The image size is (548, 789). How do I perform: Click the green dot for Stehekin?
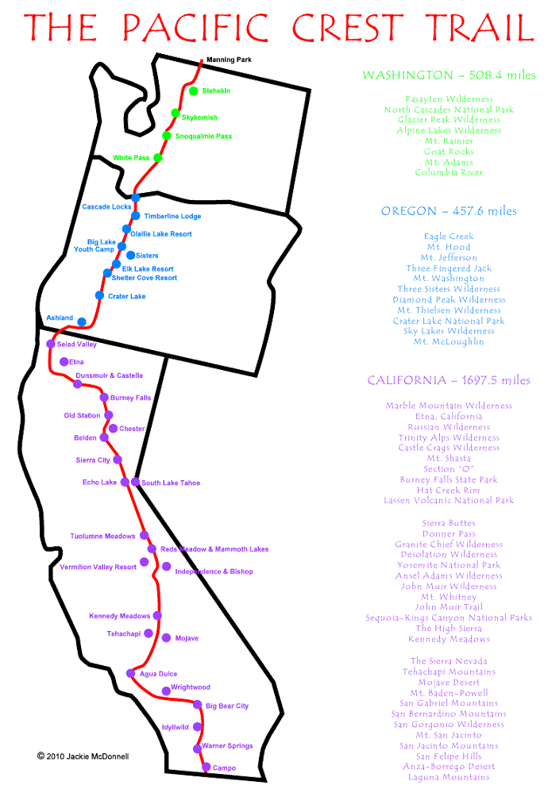(193, 90)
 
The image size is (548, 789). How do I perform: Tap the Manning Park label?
(228, 60)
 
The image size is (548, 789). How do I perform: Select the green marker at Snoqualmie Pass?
(167, 136)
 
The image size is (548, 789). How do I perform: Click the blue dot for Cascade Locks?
(136, 198)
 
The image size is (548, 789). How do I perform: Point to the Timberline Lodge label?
(172, 216)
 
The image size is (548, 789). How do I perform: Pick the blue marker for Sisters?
(130, 256)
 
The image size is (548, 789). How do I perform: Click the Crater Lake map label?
(127, 296)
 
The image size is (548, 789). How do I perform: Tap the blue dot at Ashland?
(82, 321)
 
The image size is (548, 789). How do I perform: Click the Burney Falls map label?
(131, 398)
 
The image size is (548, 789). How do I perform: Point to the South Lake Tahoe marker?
(136, 482)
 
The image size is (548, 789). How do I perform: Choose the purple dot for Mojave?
(166, 637)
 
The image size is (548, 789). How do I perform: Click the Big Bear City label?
(227, 706)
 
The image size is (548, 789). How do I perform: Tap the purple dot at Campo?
(206, 767)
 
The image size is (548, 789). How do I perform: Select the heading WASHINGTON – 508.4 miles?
(449, 75)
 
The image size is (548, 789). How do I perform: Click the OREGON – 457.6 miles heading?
(449, 211)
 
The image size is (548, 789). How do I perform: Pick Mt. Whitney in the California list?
(449, 597)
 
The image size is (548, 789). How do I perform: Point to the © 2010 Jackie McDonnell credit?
(83, 756)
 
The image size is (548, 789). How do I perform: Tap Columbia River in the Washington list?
(449, 172)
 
